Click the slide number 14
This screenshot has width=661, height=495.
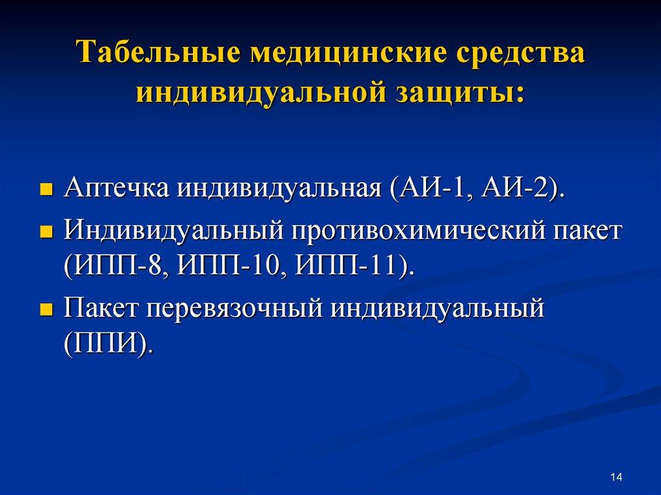615,477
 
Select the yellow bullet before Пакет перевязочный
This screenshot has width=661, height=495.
46,309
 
